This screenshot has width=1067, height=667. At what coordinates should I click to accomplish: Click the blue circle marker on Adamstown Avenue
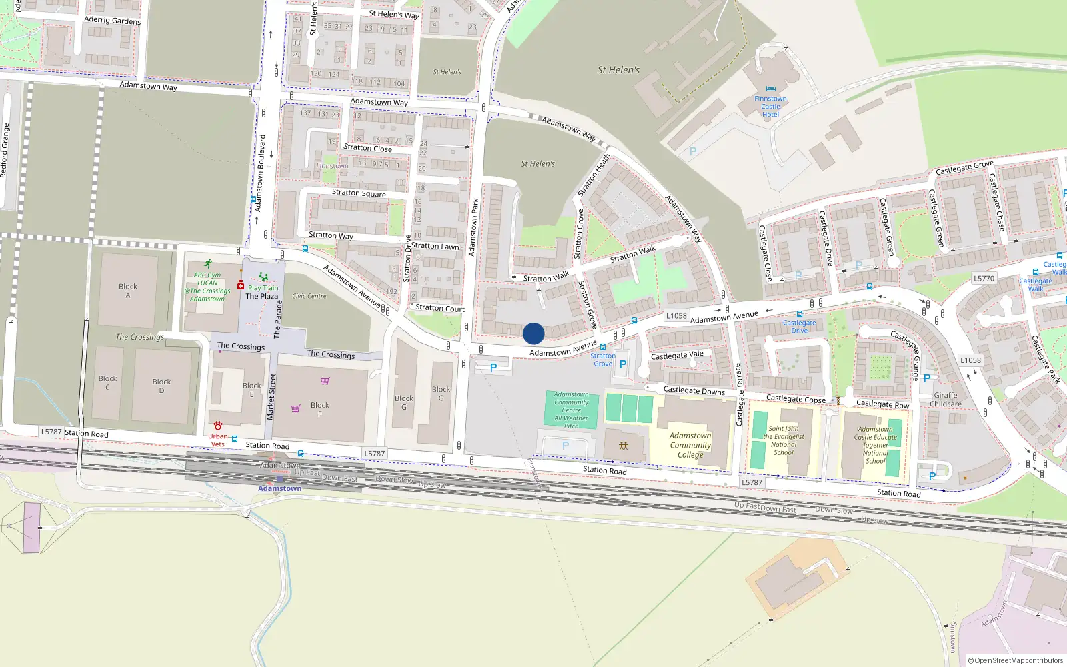(x=533, y=333)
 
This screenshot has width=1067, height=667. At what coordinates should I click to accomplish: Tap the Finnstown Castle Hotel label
(x=770, y=107)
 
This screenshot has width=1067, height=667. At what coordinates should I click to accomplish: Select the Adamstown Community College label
(x=690, y=445)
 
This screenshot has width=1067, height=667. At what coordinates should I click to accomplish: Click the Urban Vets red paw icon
(x=218, y=426)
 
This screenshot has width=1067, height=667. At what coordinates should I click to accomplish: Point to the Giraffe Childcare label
(x=946, y=400)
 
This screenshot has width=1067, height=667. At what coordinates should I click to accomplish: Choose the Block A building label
(x=128, y=291)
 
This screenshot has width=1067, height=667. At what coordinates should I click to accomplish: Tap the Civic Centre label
(x=309, y=296)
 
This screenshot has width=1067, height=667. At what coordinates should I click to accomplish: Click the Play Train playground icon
(x=263, y=277)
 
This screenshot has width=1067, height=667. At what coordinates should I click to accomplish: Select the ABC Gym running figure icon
(x=208, y=264)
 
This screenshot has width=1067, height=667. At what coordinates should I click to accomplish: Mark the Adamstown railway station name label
(x=280, y=488)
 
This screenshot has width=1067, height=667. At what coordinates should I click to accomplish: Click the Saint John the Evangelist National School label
(x=784, y=440)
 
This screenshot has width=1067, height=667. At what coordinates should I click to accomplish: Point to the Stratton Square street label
(x=359, y=193)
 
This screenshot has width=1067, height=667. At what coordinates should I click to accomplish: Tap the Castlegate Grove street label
(x=964, y=167)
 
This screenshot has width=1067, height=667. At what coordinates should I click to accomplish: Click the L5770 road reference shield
(x=984, y=279)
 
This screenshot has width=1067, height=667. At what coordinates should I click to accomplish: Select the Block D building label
(x=161, y=386)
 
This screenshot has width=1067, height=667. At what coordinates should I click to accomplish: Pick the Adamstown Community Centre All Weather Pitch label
(x=572, y=410)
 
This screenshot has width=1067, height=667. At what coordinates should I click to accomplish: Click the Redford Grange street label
(x=4, y=150)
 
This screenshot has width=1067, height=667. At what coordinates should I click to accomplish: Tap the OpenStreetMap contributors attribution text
(x=1015, y=660)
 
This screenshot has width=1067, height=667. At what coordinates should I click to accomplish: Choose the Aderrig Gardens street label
(x=113, y=20)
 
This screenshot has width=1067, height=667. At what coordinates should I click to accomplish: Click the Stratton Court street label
(x=440, y=308)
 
